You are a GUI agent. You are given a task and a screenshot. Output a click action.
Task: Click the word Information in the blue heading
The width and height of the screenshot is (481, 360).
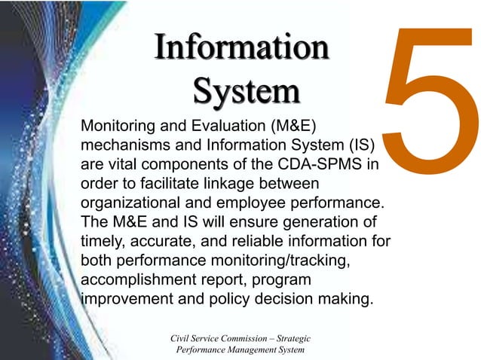(x=241, y=48)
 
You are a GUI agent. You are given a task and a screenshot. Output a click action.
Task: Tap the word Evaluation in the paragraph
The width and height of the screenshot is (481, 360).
(x=218, y=124)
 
